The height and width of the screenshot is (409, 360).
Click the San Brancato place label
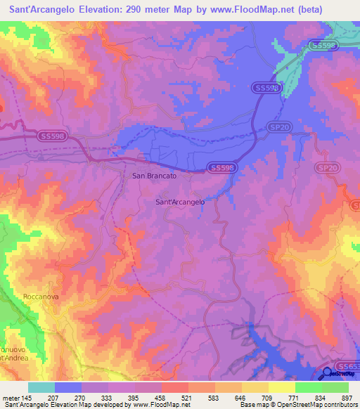[x=154, y=176]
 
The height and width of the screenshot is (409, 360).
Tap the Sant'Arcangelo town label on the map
[x=179, y=202]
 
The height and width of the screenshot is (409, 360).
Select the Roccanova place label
[x=39, y=297]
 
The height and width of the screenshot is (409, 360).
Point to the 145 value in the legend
[x=25, y=397]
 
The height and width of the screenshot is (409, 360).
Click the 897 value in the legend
[x=347, y=397]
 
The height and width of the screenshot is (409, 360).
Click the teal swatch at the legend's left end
[x=41, y=387]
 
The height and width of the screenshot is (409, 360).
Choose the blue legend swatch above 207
[x=68, y=387]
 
